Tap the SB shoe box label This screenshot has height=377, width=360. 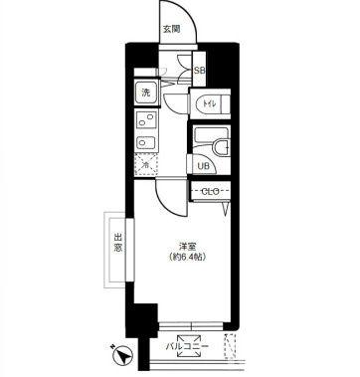click(x=199, y=71)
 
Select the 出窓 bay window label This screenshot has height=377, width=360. click(x=117, y=243)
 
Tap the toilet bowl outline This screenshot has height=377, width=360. click(x=217, y=103)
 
